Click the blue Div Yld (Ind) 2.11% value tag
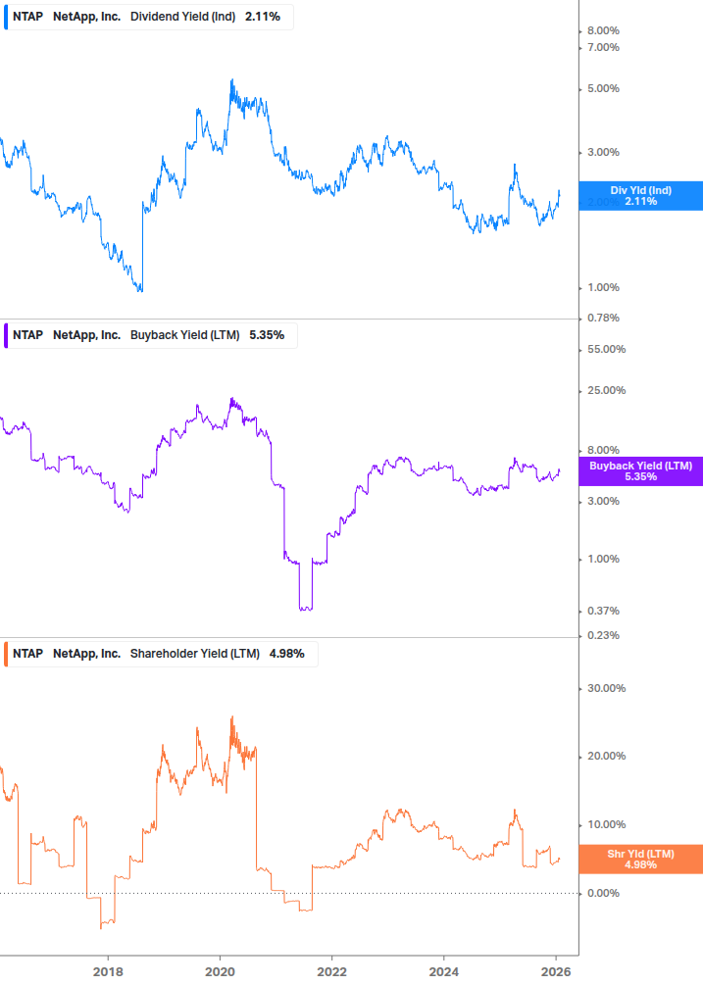(x=640, y=195)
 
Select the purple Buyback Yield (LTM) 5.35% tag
(x=640, y=470)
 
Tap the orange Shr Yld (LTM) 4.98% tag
(x=640, y=859)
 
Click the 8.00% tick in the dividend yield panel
(x=603, y=31)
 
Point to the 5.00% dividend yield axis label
(x=603, y=88)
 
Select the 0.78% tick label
(x=603, y=318)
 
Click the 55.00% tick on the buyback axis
(x=606, y=349)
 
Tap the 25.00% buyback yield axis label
(x=606, y=390)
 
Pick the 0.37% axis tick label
(x=603, y=611)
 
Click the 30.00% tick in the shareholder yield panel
(x=606, y=688)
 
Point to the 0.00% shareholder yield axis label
(x=603, y=893)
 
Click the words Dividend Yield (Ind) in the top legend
(x=182, y=17)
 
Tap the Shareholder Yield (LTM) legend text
(x=194, y=654)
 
